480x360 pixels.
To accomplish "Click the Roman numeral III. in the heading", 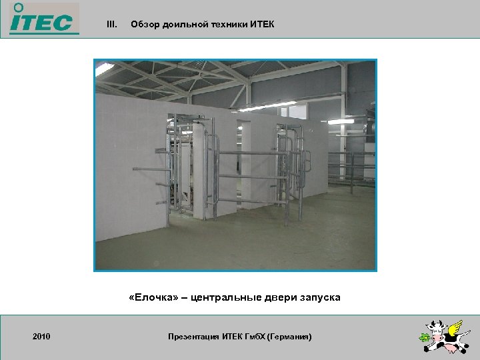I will click(112, 25).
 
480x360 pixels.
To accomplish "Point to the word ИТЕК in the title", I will click(261, 25).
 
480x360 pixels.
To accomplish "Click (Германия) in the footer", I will click(288, 337).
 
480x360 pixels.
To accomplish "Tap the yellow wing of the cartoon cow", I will click(455, 327).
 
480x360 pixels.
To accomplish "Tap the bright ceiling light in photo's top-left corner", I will click(103, 67).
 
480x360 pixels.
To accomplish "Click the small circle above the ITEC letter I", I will click(19, 7).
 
